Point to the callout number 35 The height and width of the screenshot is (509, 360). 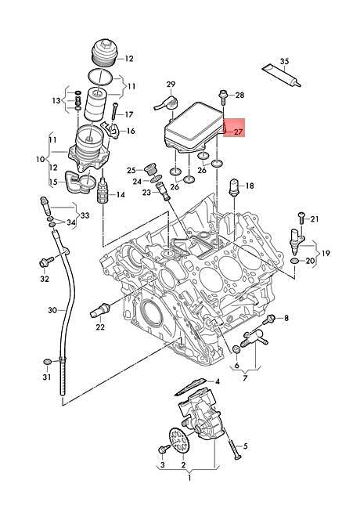[x=285, y=61]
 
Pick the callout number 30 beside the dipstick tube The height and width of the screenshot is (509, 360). [x=52, y=311]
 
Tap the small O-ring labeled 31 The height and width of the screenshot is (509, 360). [x=49, y=361]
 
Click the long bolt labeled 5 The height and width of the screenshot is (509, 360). [x=234, y=449]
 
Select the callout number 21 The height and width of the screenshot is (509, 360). [x=315, y=218]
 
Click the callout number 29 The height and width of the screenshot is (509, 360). [x=171, y=82]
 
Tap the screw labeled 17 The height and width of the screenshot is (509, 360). [x=114, y=110]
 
